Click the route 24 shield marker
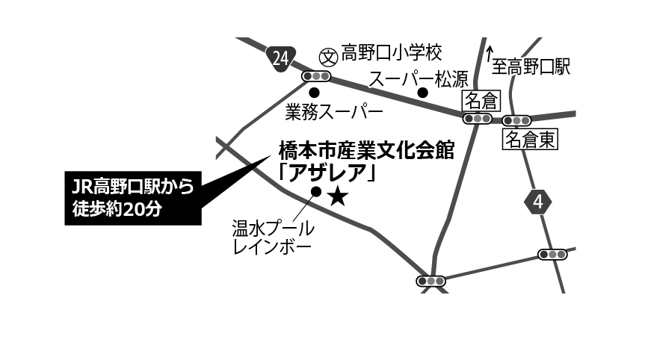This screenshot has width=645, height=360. click(281, 59)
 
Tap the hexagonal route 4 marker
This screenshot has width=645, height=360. click(538, 202)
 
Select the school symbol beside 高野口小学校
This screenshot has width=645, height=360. click(329, 57)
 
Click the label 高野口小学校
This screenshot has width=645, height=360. click(392, 53)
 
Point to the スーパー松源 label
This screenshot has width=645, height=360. click(419, 79)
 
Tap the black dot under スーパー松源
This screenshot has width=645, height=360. click(423, 93)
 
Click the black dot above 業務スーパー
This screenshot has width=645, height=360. click(314, 92)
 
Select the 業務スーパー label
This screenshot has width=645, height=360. click(334, 112)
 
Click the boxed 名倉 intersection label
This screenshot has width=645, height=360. click(481, 101)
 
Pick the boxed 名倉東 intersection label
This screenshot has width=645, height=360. click(530, 140)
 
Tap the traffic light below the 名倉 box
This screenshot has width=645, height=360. click(478, 119)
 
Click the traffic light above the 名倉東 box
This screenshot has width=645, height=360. click(516, 121)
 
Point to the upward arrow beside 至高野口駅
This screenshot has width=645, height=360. click(489, 55)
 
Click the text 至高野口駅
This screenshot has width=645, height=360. click(531, 66)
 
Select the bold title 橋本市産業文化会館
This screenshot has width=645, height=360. click(366, 150)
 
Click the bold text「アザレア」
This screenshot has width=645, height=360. click(327, 173)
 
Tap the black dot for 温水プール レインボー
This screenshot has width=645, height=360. click(316, 191)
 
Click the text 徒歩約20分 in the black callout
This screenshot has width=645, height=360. click(117, 209)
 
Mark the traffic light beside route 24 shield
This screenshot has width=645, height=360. click(316, 76)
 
